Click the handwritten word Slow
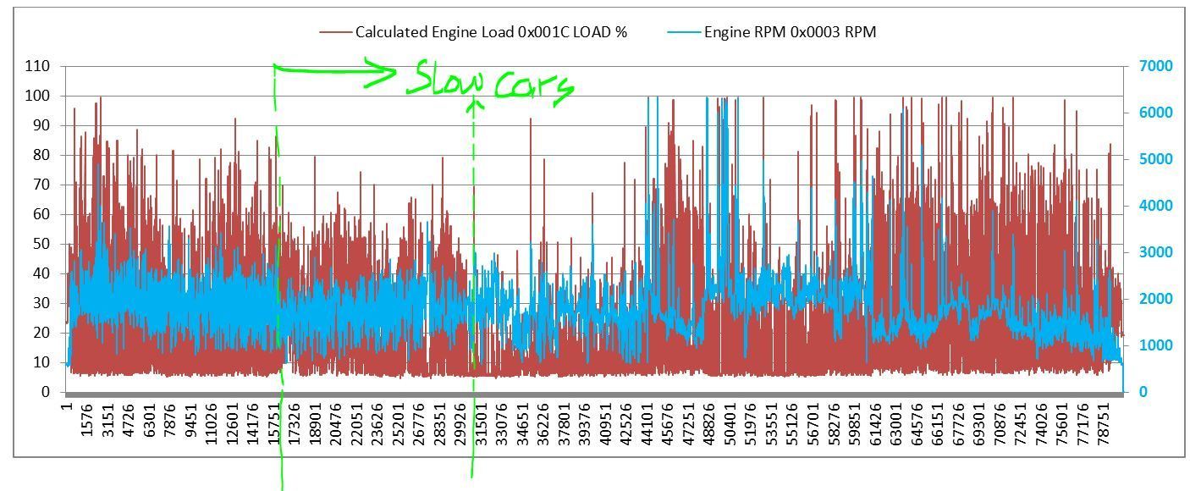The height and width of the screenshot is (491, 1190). pos(444,81)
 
